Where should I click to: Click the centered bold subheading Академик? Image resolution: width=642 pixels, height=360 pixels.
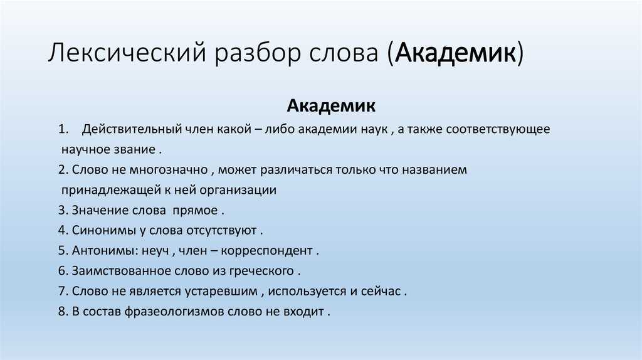click(331, 105)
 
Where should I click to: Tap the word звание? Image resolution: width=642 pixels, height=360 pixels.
click(134, 150)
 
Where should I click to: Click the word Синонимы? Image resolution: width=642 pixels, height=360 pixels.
click(99, 230)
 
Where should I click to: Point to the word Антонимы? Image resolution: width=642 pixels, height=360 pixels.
click(99, 250)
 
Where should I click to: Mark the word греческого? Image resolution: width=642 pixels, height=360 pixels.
click(263, 270)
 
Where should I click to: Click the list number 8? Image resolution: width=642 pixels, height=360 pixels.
click(61, 311)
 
